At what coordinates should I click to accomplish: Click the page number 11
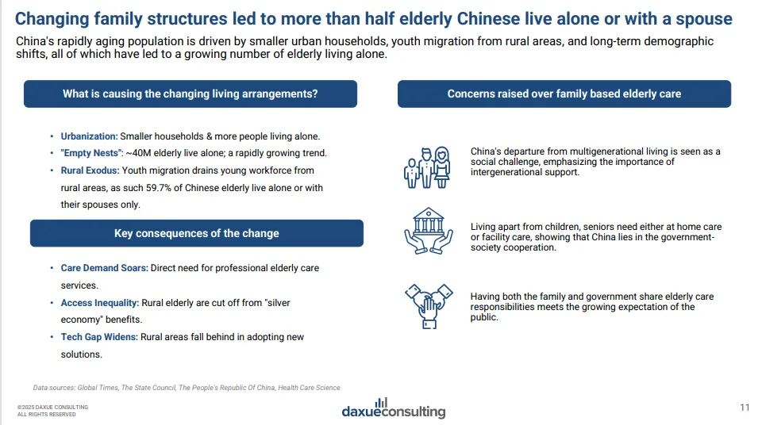(x=744, y=408)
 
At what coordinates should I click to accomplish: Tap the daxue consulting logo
(x=393, y=408)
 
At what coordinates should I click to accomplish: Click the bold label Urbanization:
(x=89, y=136)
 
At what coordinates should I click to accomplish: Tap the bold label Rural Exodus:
(x=90, y=170)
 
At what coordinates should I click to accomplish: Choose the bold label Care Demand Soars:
(x=104, y=268)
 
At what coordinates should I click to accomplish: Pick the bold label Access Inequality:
(x=100, y=303)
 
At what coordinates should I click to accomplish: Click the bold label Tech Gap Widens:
(x=99, y=337)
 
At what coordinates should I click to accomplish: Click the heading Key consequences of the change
(x=196, y=233)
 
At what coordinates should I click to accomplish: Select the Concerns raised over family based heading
(x=564, y=94)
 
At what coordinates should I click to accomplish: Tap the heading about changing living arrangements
(x=190, y=94)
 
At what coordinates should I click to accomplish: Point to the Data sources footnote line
(x=187, y=388)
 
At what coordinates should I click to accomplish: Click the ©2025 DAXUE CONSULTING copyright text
(x=52, y=408)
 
